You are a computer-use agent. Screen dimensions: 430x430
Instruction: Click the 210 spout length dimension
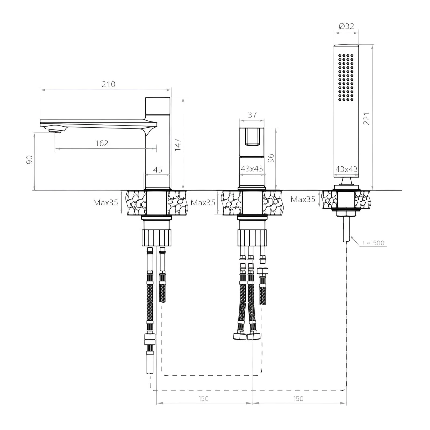pyautogui.click(x=109, y=84)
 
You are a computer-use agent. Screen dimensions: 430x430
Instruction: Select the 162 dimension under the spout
pyautogui.click(x=102, y=143)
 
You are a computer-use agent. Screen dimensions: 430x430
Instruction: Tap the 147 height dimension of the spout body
pyautogui.click(x=178, y=145)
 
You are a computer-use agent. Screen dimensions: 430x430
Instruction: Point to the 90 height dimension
pyautogui.click(x=30, y=160)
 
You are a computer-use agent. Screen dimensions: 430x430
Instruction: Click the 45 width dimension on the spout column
pyautogui.click(x=158, y=170)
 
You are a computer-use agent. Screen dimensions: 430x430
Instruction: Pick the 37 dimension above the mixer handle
pyautogui.click(x=252, y=115)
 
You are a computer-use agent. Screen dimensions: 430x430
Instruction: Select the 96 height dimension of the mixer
pyautogui.click(x=271, y=158)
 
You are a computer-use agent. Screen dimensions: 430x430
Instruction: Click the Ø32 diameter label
pyautogui.click(x=346, y=26)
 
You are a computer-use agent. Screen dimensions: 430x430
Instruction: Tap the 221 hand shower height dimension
pyautogui.click(x=367, y=119)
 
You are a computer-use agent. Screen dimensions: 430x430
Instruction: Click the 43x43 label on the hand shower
pyautogui.click(x=346, y=169)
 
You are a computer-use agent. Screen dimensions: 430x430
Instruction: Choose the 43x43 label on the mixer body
pyautogui.click(x=252, y=169)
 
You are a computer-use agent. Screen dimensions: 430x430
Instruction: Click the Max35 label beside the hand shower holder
pyautogui.click(x=303, y=199)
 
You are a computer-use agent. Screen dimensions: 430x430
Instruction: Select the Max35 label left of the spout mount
pyautogui.click(x=106, y=202)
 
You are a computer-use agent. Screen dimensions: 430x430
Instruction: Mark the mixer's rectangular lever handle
pyautogui.click(x=252, y=137)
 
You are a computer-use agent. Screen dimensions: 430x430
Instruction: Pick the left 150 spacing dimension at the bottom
pyautogui.click(x=204, y=399)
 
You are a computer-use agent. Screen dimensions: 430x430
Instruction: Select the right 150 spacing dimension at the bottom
pyautogui.click(x=299, y=399)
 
